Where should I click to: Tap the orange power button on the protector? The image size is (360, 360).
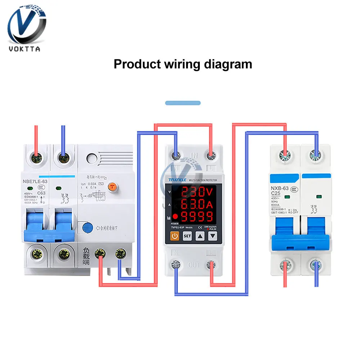(x=174, y=237)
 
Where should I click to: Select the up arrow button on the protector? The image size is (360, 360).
(x=200, y=237)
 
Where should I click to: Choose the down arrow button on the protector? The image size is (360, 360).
(x=213, y=237)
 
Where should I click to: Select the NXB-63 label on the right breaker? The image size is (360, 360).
(x=279, y=188)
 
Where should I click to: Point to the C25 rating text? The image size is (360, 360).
(x=276, y=194)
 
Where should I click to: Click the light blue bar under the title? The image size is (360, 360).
(x=183, y=103)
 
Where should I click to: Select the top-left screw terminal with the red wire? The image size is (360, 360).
(x=36, y=158)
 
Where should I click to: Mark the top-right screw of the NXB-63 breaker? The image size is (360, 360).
(x=316, y=156)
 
